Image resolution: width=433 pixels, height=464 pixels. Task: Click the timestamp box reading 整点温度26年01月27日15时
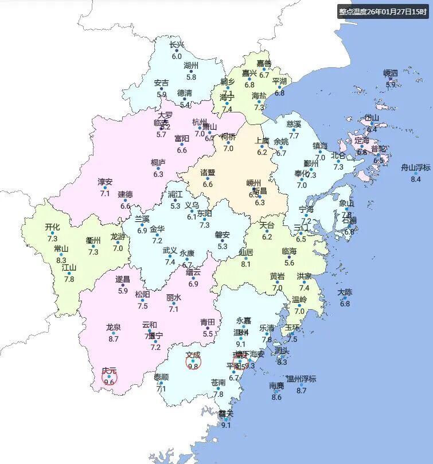point(383,11)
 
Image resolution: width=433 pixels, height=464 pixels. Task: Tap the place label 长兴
point(177,45)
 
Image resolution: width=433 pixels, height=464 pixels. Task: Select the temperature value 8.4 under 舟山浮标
point(416,179)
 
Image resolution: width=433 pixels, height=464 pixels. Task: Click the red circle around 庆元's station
point(110,377)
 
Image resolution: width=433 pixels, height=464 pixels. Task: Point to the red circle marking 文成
point(193,362)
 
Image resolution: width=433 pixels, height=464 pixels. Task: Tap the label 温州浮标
point(301,379)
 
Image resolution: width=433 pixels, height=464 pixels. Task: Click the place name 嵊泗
point(391,73)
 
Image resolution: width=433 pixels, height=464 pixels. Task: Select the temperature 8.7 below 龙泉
point(113,339)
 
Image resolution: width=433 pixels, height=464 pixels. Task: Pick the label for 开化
point(52,227)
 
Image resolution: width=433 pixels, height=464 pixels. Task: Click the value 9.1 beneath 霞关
point(226,425)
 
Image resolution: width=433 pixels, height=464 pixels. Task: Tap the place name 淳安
point(105,182)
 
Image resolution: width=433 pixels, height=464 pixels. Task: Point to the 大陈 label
point(345,293)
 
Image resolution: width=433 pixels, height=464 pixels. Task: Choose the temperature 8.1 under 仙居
point(246,264)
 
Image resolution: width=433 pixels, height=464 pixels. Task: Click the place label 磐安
point(223,235)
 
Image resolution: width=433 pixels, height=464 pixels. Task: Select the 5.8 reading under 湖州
point(191,77)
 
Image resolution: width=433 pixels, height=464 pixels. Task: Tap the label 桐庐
point(158,163)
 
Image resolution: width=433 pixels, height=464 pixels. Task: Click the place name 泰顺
point(161,377)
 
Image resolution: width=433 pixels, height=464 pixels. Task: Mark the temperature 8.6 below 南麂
point(276,397)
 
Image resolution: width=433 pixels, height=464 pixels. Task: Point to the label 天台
point(267,225)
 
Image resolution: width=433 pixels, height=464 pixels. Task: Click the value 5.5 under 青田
point(208,334)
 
